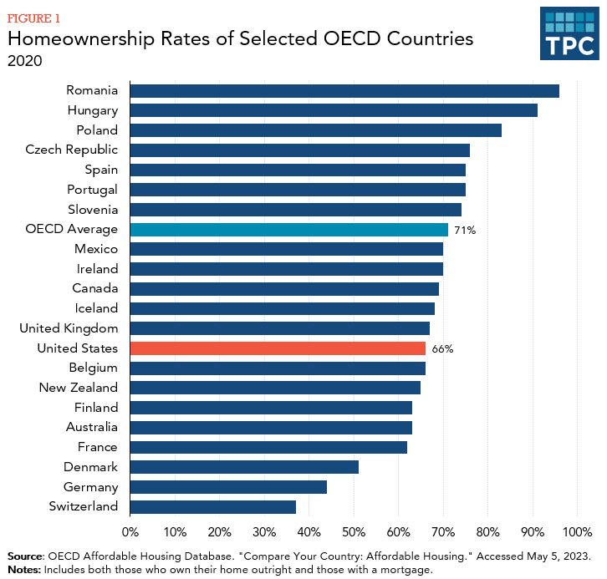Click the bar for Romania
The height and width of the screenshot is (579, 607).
click(344, 91)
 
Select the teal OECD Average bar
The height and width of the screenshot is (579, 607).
click(289, 230)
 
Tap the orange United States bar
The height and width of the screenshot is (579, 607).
click(278, 348)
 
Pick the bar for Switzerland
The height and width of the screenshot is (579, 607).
click(213, 506)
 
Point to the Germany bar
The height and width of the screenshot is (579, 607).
click(228, 487)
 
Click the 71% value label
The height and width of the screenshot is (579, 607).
click(466, 230)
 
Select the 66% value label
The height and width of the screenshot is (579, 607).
click(442, 349)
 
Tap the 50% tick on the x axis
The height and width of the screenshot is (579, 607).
click(354, 531)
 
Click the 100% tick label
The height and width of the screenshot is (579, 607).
click(577, 531)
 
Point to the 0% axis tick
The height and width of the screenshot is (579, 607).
click(130, 531)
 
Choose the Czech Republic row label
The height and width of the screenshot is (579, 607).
click(72, 150)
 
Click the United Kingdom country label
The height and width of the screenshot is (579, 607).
click(69, 328)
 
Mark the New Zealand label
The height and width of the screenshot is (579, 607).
click(79, 388)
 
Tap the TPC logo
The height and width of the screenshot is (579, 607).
click(569, 34)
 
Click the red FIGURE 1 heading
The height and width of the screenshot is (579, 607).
click(33, 18)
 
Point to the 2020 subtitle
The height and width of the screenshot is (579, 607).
click(24, 61)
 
